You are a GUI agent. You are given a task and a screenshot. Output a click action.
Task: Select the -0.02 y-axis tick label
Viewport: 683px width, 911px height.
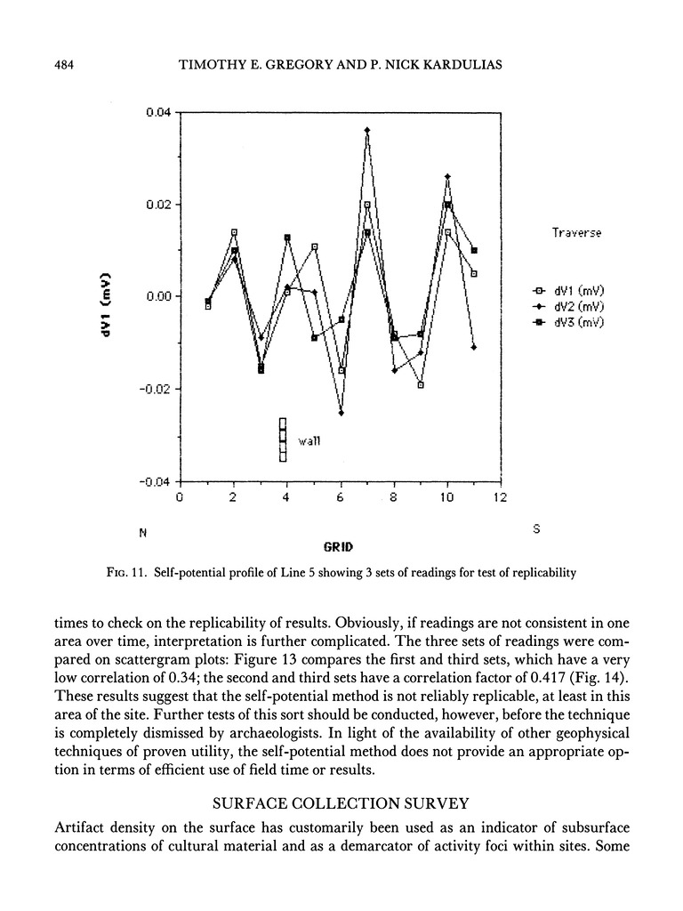click(156, 389)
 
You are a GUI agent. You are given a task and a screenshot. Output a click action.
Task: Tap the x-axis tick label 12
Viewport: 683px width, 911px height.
click(500, 498)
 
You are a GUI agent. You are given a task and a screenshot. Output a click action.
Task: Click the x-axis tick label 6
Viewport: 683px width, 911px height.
click(340, 498)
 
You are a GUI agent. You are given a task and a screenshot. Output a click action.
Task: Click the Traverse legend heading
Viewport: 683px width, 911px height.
click(576, 232)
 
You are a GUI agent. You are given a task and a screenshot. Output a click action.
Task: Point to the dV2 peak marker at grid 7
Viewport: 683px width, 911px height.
click(367, 131)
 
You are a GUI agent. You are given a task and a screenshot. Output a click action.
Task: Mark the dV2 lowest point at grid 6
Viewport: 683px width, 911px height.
click(341, 413)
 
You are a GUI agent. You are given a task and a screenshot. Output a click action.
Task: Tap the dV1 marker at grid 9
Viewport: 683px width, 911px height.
click(421, 384)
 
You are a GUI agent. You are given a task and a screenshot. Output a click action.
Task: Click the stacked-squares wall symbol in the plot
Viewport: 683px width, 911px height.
click(283, 439)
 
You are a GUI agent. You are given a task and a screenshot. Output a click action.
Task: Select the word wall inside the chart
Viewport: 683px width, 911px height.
click(308, 441)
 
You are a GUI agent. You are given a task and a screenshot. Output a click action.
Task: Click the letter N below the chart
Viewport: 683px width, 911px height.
click(141, 533)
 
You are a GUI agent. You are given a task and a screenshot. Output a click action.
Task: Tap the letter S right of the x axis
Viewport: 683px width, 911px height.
click(536, 528)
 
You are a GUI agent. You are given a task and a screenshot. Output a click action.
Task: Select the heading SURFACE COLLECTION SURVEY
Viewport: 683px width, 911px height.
click(341, 804)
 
